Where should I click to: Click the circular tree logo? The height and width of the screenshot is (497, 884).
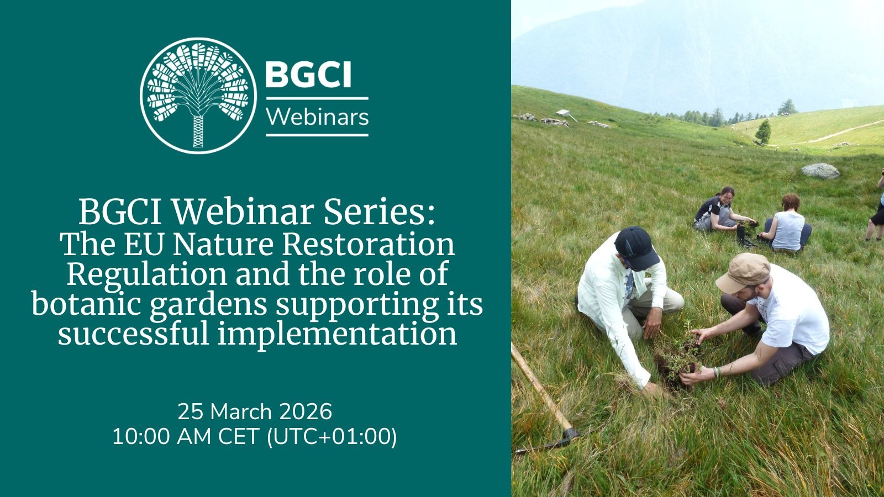[198, 96]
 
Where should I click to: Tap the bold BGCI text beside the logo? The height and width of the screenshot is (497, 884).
[308, 75]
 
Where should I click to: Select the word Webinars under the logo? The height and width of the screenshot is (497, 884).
[317, 117]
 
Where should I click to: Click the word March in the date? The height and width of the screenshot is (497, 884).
[241, 412]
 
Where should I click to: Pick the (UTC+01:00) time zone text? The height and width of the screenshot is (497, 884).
[332, 437]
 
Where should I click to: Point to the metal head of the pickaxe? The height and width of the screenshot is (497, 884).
[552, 442]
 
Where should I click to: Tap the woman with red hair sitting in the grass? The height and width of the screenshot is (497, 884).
[787, 224]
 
